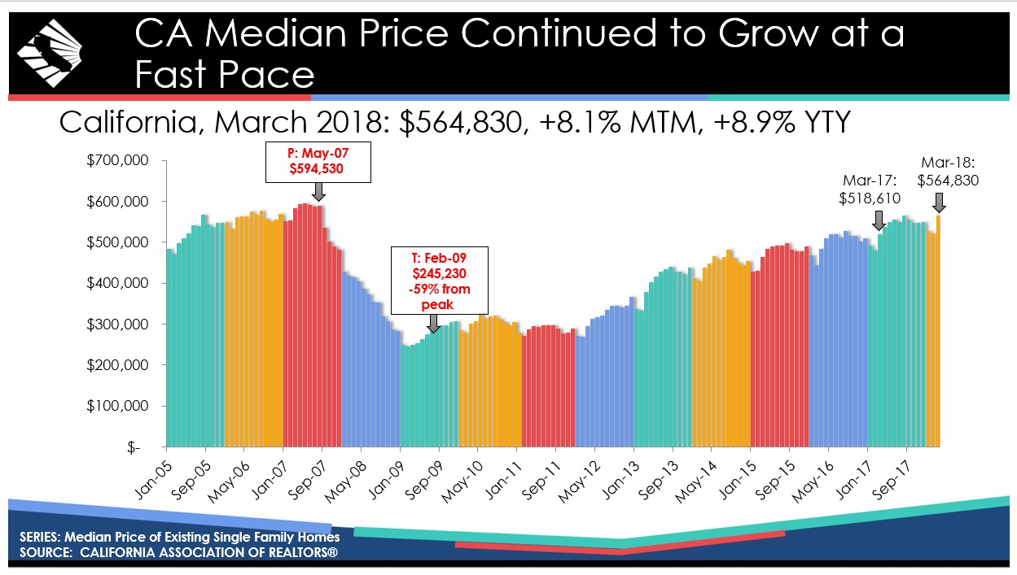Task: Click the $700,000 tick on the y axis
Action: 119,160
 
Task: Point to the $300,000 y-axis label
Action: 119,325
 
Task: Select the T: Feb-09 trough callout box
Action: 440,279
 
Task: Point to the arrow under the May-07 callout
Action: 318,192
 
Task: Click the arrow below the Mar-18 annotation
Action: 939,202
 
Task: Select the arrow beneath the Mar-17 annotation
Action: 879,220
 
